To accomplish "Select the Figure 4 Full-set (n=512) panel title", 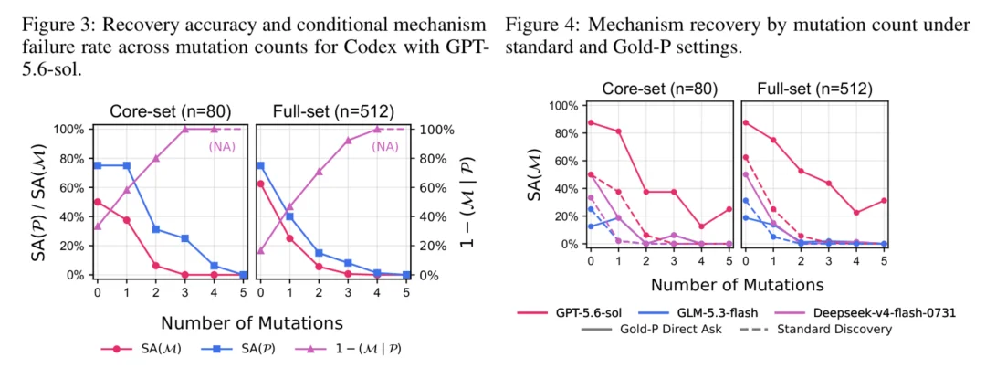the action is [x=815, y=89].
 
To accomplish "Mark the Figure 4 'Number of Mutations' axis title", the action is [x=737, y=284].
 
